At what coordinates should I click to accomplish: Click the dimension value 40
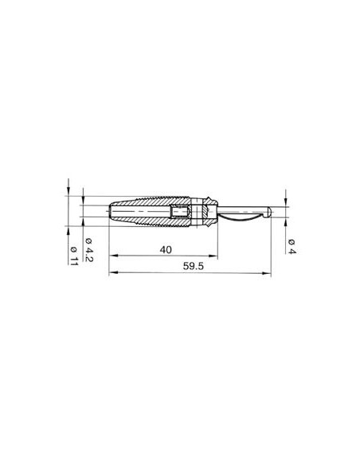pyautogui.click(x=166, y=250)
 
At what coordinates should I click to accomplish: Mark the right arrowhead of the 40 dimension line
pyautogui.click(x=212, y=256)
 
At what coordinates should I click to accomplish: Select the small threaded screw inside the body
pyautogui.click(x=180, y=213)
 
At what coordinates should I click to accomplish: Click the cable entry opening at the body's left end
pyautogui.click(x=110, y=212)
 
